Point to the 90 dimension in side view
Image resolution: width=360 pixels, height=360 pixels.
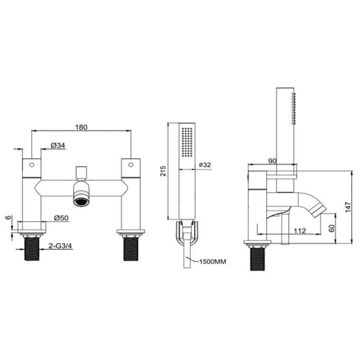point(272,161)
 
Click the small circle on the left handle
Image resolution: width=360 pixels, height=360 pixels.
point(31,165)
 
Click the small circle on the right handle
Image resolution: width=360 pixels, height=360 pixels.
point(131,165)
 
